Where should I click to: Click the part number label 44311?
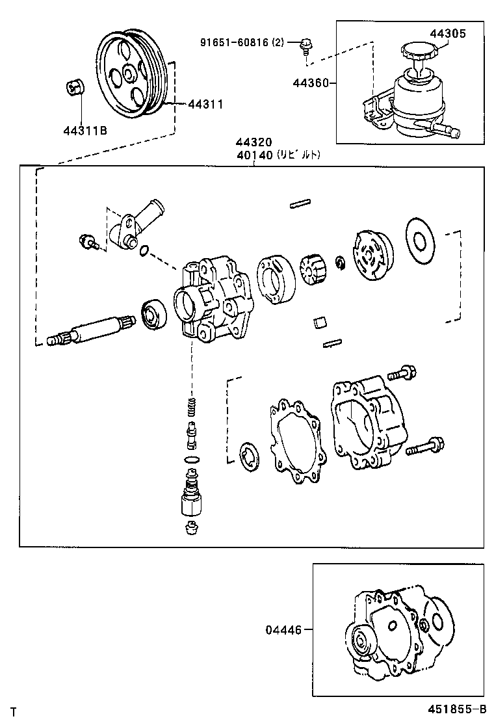tap(205, 103)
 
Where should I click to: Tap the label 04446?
tap(283, 629)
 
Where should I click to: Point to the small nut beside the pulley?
tap(75, 86)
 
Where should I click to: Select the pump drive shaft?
tap(91, 328)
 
